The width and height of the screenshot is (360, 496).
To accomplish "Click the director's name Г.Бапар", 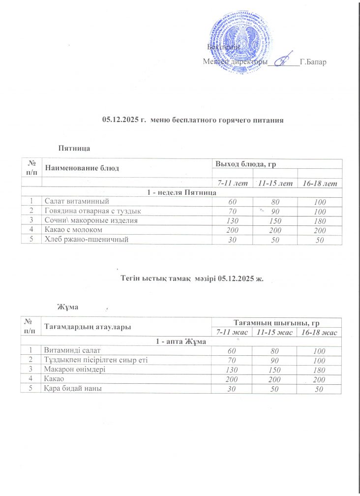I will (x=313, y=62).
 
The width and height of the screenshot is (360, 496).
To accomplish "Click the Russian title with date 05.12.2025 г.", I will (x=193, y=120).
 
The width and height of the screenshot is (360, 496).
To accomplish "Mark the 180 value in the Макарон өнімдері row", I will (x=320, y=370).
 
